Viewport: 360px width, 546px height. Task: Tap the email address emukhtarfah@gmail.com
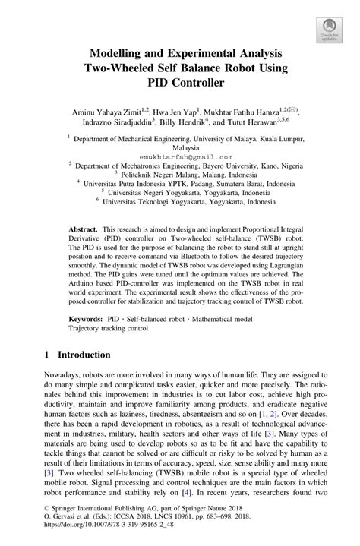[x=180, y=155]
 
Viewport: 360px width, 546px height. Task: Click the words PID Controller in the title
[x=180, y=79]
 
